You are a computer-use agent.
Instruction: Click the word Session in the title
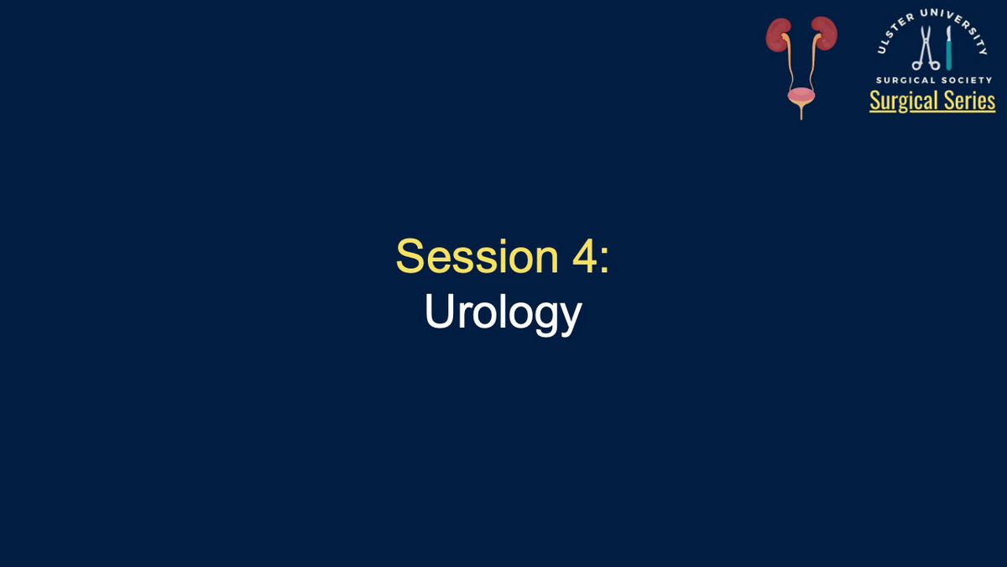click(477, 256)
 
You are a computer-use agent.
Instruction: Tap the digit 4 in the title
click(583, 256)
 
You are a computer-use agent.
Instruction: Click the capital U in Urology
click(439, 311)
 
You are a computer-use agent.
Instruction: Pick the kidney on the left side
click(778, 34)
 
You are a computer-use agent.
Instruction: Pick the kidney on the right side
click(824, 33)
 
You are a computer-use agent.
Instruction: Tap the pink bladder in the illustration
click(801, 97)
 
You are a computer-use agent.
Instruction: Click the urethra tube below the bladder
click(801, 113)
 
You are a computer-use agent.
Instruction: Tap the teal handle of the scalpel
click(948, 55)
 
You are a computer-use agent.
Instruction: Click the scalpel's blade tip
click(948, 27)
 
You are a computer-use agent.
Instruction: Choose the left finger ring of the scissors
click(916, 66)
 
